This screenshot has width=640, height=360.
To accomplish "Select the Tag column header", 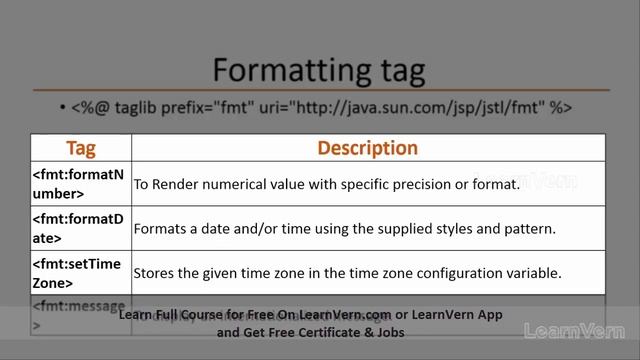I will tap(81, 148).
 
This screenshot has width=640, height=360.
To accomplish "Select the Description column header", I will tap(367, 148).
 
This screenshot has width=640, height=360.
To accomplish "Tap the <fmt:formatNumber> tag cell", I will tap(79, 184).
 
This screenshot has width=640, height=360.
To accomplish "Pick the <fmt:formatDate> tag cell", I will tap(79, 228).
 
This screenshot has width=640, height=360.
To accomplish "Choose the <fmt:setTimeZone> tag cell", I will tap(79, 272).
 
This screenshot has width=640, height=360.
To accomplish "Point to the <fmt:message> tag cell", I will tap(79, 311).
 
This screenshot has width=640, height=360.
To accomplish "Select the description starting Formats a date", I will tap(344, 229).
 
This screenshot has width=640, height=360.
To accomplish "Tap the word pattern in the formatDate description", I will tap(528, 229).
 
